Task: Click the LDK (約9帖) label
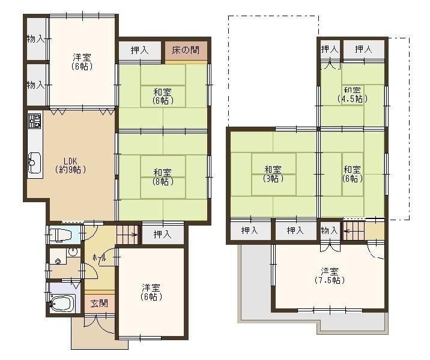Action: click(71, 165)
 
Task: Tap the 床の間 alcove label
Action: click(186, 50)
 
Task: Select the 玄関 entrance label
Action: click(99, 303)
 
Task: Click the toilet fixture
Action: click(61, 235)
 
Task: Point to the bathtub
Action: click(62, 303)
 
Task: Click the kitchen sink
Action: click(35, 163)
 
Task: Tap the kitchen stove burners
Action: click(35, 120)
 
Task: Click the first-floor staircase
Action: click(127, 235)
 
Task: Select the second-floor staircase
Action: click(354, 231)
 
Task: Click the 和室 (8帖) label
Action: click(163, 177)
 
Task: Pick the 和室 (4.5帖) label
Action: click(353, 94)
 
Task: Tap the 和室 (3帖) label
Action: click(273, 174)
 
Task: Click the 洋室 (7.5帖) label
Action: click(329, 275)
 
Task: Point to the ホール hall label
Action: click(99, 258)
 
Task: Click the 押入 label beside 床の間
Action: click(139, 50)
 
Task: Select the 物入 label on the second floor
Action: click(329, 230)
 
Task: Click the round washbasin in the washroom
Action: click(73, 252)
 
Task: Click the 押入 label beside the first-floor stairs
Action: click(162, 235)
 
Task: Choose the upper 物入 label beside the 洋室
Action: click(35, 39)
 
